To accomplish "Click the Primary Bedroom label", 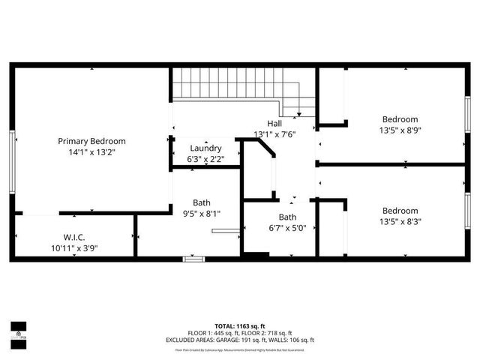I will (x=92, y=141).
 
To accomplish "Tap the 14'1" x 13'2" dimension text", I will (x=92, y=151).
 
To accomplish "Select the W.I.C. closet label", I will (x=74, y=238).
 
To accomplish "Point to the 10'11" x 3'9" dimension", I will (x=74, y=248).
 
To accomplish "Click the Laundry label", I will (x=205, y=148).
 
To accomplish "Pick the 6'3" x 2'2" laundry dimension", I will (x=205, y=158).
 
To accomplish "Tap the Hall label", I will (x=276, y=124).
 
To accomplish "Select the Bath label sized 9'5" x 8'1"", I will (x=201, y=202).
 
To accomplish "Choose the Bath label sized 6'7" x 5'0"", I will (x=288, y=217).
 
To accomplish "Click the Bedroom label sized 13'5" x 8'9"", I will (x=400, y=119).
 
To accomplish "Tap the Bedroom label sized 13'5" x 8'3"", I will (x=400, y=211).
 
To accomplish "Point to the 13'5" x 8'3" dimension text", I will (x=400, y=221).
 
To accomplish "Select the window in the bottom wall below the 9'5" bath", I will (x=193, y=259).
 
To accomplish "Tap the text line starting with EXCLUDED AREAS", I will (x=240, y=340).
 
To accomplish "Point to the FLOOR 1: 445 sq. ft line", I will (x=213, y=333).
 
